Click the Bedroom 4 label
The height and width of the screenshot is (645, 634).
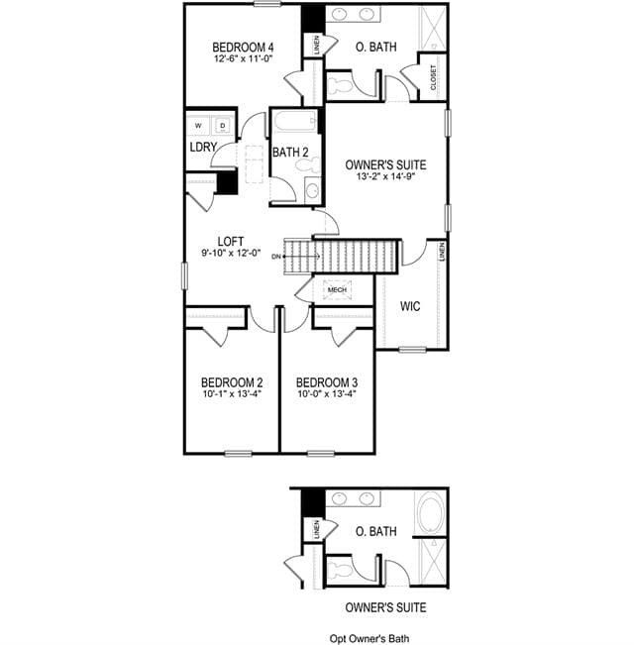click(x=243, y=47)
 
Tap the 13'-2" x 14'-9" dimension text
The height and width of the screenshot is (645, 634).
click(x=385, y=177)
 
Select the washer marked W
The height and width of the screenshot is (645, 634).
click(x=198, y=126)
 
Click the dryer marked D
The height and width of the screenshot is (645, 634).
click(x=223, y=126)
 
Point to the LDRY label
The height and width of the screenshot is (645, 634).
click(x=203, y=147)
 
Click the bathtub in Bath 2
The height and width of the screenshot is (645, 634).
click(x=295, y=121)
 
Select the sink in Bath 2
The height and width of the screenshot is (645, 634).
click(x=312, y=190)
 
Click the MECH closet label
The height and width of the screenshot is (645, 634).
click(x=337, y=290)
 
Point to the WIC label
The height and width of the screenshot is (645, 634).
click(x=410, y=306)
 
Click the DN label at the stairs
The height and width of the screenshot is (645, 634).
click(x=275, y=257)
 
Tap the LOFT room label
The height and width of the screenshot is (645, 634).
click(x=231, y=241)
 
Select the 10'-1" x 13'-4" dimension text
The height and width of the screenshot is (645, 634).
click(x=233, y=393)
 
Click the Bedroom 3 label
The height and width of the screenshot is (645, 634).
click(x=327, y=382)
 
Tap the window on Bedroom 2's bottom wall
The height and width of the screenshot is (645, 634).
click(x=238, y=454)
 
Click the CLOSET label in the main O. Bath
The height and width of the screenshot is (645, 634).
click(x=433, y=77)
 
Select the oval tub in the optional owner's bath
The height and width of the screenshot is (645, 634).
click(x=430, y=513)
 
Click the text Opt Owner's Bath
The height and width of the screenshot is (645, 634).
click(x=370, y=638)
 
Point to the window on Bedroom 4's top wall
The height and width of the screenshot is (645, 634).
click(x=267, y=4)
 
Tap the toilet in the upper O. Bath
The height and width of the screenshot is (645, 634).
click(x=339, y=85)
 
